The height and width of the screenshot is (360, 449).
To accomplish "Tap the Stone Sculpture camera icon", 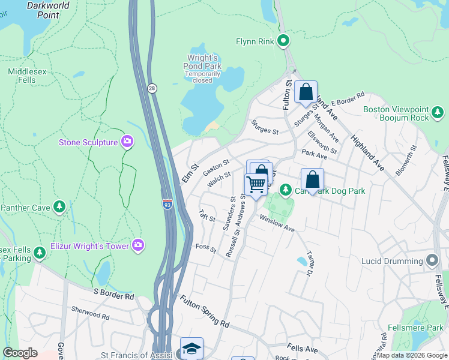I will point(127,142).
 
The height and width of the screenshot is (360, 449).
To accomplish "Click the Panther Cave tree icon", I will point(59,208).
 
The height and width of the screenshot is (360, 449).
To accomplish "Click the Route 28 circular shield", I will point(152,88).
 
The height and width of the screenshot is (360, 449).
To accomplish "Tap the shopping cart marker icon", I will point(256,184).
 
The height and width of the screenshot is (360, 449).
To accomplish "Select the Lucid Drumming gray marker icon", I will point(432,260).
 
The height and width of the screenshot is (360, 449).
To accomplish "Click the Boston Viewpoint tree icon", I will point(438,112).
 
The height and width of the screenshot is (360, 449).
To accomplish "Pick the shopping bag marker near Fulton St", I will point(306,92).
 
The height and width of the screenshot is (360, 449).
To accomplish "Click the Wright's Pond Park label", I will point(203,62).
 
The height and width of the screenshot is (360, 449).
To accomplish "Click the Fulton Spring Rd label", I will point(204,312).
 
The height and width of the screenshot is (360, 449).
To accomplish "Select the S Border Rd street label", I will point(113,295).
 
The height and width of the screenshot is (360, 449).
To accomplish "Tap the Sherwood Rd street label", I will point(91,314).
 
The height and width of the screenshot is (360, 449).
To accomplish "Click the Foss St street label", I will point(205,247).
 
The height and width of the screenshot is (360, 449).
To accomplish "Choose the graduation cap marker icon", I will point(191,349).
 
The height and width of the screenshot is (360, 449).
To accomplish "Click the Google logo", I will point(20,353).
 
